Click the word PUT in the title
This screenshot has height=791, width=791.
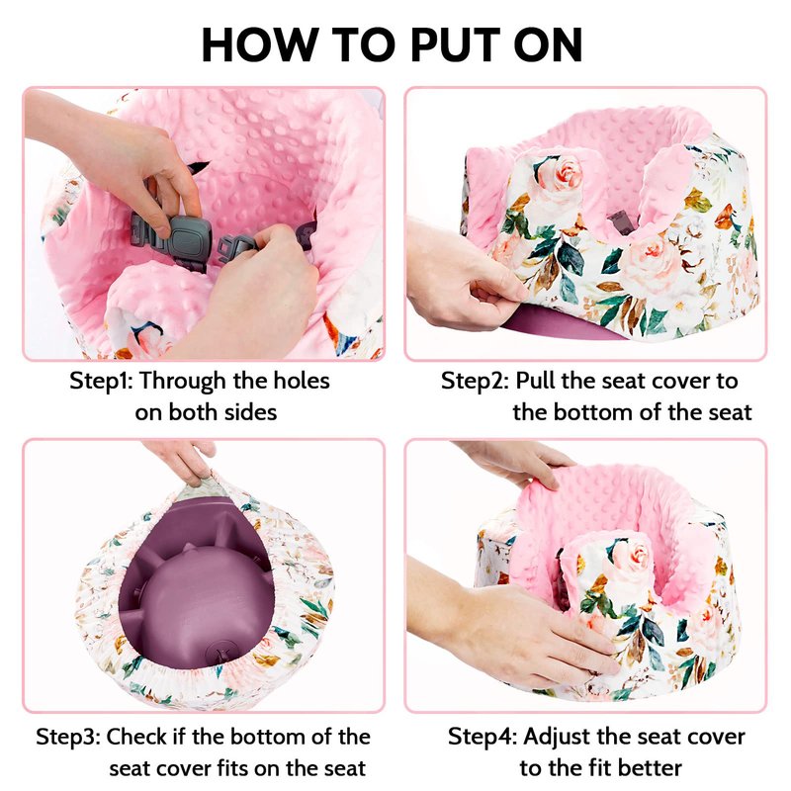coord(456,44)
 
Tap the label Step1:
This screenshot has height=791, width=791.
coord(101,381)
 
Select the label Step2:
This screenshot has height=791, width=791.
coord(475,381)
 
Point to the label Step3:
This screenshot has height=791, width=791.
coord(68,737)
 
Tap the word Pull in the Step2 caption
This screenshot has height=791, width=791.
coord(536,381)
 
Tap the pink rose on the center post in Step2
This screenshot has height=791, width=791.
coord(561,172)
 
